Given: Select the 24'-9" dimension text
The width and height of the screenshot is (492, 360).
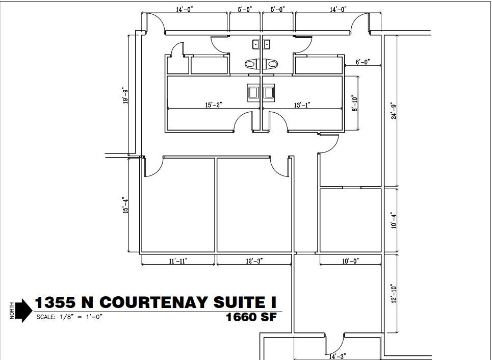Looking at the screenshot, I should (393, 111).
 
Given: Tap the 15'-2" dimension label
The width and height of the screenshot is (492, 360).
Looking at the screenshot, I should (213, 105).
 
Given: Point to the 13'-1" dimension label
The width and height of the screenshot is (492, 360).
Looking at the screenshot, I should (301, 105).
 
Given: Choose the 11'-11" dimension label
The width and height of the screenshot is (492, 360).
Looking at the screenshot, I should (177, 261).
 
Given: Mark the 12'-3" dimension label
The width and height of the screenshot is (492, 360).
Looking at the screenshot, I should (254, 261).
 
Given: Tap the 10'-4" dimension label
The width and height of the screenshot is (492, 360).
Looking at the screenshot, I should (393, 220).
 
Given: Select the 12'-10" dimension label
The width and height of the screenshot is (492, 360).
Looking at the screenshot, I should (393, 295).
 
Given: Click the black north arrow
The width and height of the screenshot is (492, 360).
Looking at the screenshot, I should (22, 311).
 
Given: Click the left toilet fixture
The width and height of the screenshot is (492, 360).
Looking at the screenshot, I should (252, 64).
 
